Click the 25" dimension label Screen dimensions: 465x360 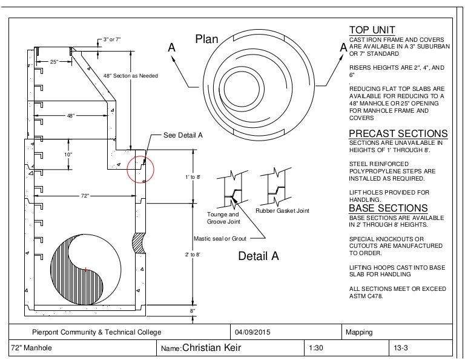(54, 62)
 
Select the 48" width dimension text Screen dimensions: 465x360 (71, 116)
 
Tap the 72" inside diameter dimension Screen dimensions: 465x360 (85, 196)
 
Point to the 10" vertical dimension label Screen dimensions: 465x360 (68, 155)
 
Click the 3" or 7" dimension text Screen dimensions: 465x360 (112, 39)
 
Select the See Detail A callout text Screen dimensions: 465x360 (183, 135)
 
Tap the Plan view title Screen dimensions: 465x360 (206, 39)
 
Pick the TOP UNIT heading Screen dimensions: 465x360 (372, 30)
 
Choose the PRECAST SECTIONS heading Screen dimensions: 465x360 (398, 133)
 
